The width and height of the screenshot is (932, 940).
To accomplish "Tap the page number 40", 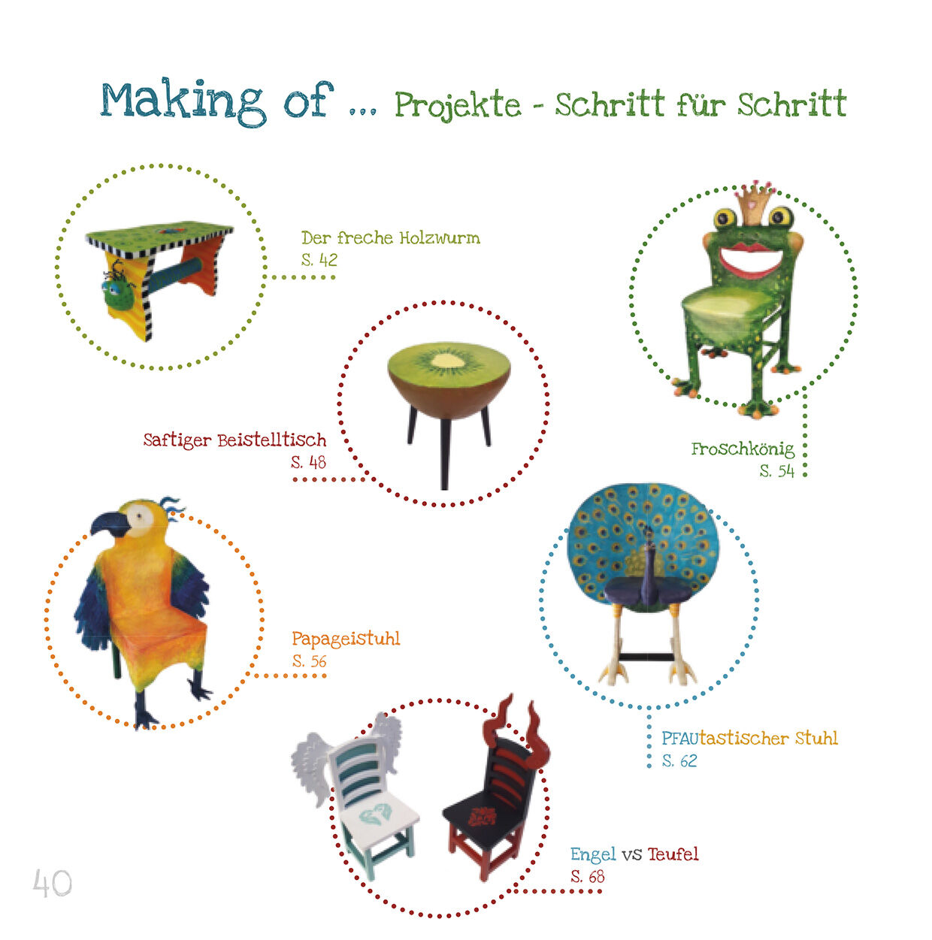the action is click(x=52, y=883).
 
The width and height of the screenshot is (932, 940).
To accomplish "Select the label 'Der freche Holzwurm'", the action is click(x=390, y=238).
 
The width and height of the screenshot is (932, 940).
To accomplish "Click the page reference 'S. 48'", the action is click(x=308, y=462).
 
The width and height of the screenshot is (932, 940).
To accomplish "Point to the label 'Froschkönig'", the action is click(x=742, y=449).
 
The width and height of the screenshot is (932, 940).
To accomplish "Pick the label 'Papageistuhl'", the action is click(x=346, y=639).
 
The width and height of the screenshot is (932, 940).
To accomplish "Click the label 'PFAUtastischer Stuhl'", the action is click(x=749, y=738).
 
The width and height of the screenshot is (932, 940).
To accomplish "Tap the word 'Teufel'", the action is click(x=673, y=854).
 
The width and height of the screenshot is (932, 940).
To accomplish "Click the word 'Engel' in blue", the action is click(x=593, y=854).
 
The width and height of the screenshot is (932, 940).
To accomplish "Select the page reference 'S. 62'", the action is click(x=679, y=761).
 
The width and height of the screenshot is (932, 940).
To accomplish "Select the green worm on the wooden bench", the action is click(x=119, y=289).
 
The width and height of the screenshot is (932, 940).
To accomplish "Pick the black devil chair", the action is click(x=494, y=800).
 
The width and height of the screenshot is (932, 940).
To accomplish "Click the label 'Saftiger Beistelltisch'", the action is click(x=235, y=440).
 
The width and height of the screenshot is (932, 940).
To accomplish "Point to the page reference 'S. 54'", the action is click(x=777, y=470).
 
